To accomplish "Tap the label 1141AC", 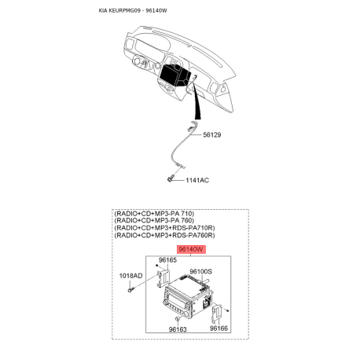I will pyautogui.click(x=197, y=180).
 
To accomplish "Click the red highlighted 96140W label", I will pyautogui.click(x=191, y=249).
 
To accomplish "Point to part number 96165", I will pyautogui.click(x=168, y=259).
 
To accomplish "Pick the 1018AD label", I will pyautogui.click(x=130, y=276).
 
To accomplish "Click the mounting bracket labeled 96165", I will pyautogui.click(x=166, y=277).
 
